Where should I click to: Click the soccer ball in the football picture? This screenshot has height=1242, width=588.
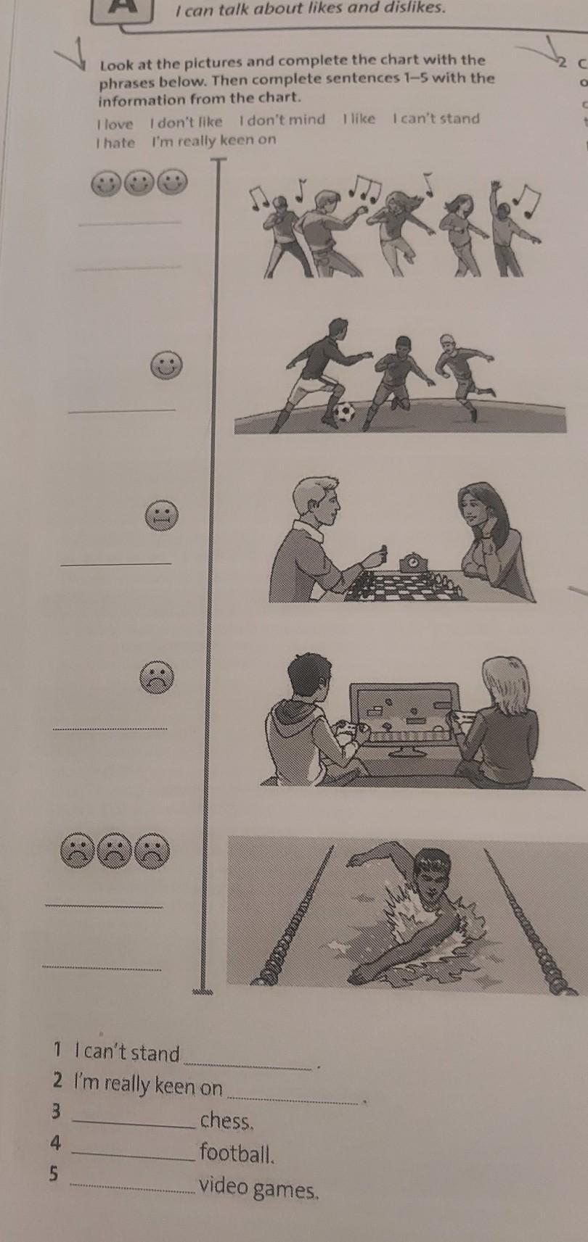[x=345, y=412]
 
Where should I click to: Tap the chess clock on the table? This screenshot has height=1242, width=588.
[x=414, y=562]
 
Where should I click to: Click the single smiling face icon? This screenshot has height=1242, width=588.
[x=166, y=365]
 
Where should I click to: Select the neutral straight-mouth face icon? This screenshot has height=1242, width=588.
[x=162, y=516]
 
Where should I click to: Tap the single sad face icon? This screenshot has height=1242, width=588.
[x=157, y=678]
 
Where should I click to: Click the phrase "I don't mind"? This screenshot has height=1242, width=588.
[x=282, y=119]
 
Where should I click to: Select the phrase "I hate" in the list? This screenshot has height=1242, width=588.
[x=115, y=143]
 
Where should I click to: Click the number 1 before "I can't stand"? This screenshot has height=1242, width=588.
[x=57, y=1049]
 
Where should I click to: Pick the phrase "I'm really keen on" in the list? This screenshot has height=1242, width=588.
[x=213, y=140]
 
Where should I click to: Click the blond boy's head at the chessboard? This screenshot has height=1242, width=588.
[x=315, y=500]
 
